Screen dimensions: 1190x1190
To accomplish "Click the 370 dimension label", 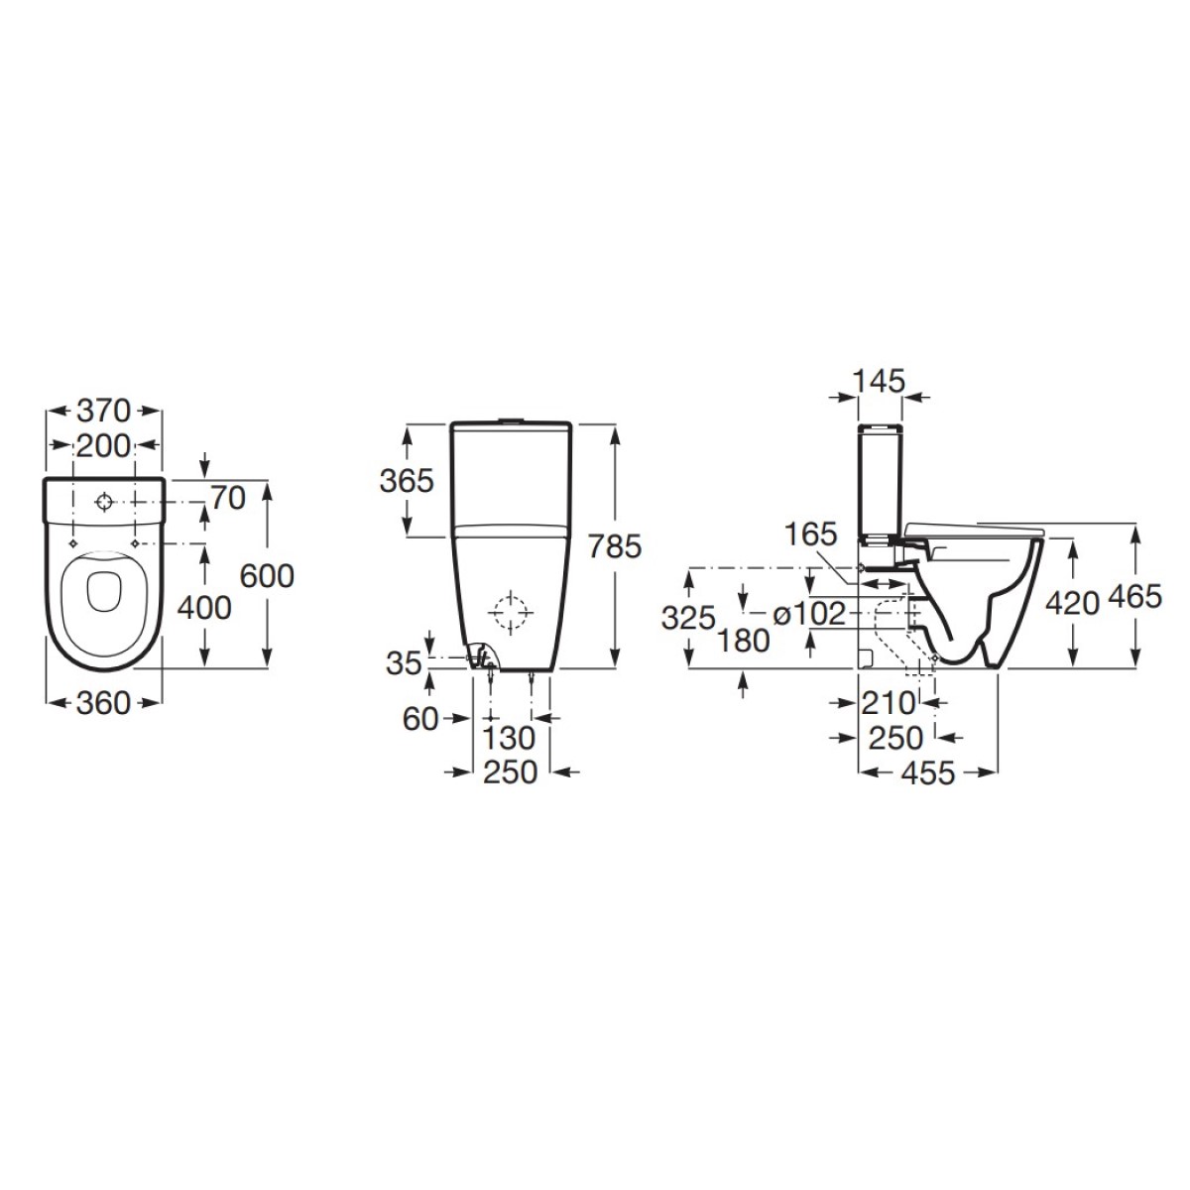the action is click(104, 412).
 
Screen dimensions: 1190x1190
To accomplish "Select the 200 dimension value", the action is click(104, 446).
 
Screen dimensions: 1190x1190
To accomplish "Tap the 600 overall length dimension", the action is click(267, 576).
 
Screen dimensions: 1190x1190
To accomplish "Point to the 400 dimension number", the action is click(204, 608).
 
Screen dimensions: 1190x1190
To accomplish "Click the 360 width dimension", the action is click(104, 703).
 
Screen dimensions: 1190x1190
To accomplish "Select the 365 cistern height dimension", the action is click(407, 481).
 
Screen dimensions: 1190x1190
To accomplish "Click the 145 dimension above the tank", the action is click(879, 381).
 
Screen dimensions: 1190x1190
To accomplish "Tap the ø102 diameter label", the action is click(809, 614).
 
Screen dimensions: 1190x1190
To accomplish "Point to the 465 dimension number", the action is click(1135, 597).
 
